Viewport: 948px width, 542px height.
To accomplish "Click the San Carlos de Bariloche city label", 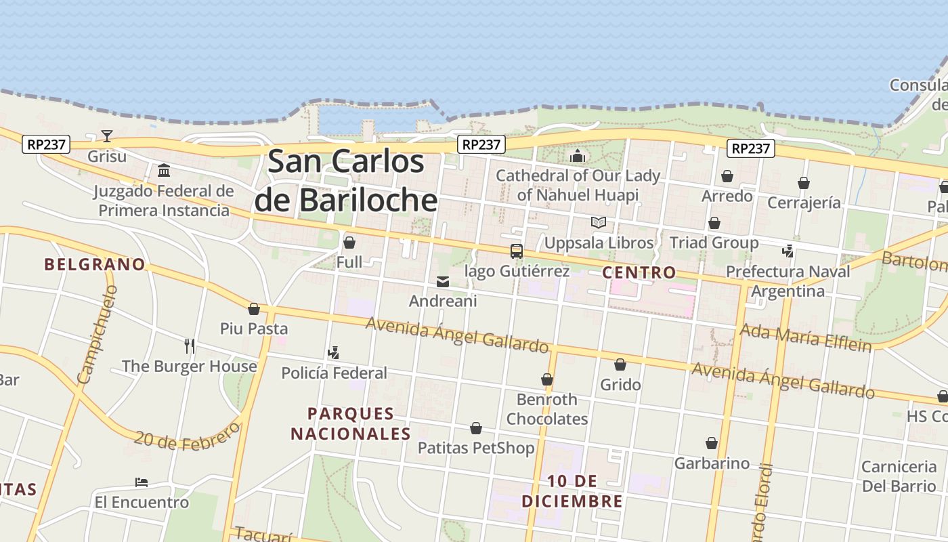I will coord(346,181).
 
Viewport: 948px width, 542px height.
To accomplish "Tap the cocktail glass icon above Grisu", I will coord(107,136).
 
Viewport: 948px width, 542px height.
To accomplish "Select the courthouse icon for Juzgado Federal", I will coord(163,170).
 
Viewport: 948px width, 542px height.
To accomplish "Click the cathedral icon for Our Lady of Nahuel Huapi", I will coord(577,156).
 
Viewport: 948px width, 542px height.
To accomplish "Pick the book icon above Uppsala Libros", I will coord(599,222).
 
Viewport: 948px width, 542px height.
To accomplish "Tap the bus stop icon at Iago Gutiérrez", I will coord(517,251).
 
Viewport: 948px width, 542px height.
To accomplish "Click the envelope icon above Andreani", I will coord(443,282).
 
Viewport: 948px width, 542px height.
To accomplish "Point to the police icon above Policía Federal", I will coord(333,352).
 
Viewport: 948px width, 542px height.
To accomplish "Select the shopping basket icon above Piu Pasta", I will coord(254,309).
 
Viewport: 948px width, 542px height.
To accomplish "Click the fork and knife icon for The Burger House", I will coord(190,346).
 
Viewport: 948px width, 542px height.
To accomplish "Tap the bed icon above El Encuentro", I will coord(142,482).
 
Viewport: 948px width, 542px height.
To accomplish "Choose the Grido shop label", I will coord(620,385).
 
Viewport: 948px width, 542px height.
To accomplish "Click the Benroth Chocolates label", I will coord(547,409).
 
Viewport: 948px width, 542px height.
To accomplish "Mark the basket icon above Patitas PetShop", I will coord(476,428).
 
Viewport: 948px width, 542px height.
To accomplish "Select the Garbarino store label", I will coord(712,463).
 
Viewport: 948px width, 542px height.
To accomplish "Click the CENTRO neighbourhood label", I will coord(639,272).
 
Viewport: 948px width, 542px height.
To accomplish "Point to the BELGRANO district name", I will coord(95,264).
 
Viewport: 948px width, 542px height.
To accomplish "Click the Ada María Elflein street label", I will coord(805,337).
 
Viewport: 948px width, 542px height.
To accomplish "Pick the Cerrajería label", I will coord(804,203).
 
